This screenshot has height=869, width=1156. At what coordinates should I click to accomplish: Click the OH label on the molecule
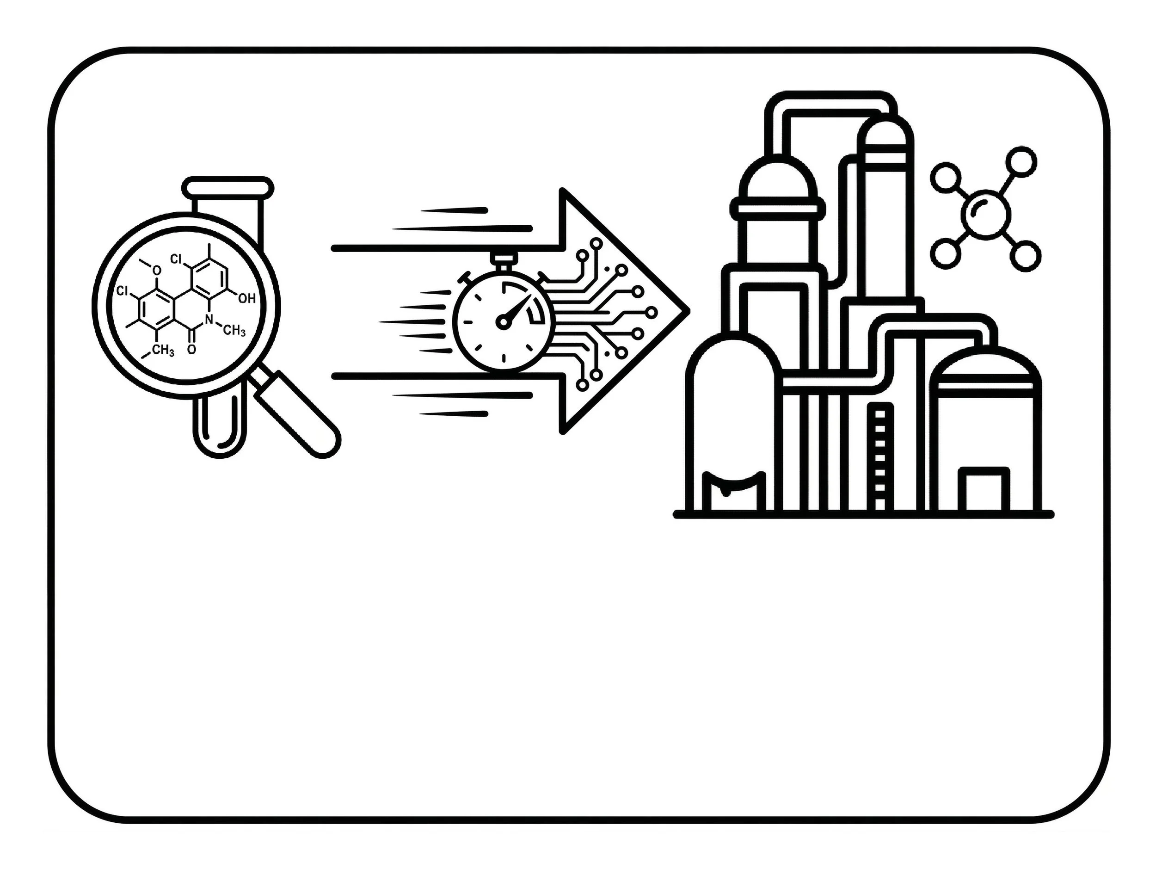[x=246, y=298]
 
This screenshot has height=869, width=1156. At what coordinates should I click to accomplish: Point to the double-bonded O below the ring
[x=192, y=349]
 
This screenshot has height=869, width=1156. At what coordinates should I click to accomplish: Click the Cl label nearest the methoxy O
[x=122, y=291]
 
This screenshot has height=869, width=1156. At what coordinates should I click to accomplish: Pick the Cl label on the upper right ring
[x=176, y=259]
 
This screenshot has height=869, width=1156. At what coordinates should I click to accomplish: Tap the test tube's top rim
[x=228, y=186]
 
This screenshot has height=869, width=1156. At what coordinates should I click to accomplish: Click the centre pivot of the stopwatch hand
[x=503, y=322]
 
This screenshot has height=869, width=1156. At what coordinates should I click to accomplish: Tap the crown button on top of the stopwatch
[x=504, y=258]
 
